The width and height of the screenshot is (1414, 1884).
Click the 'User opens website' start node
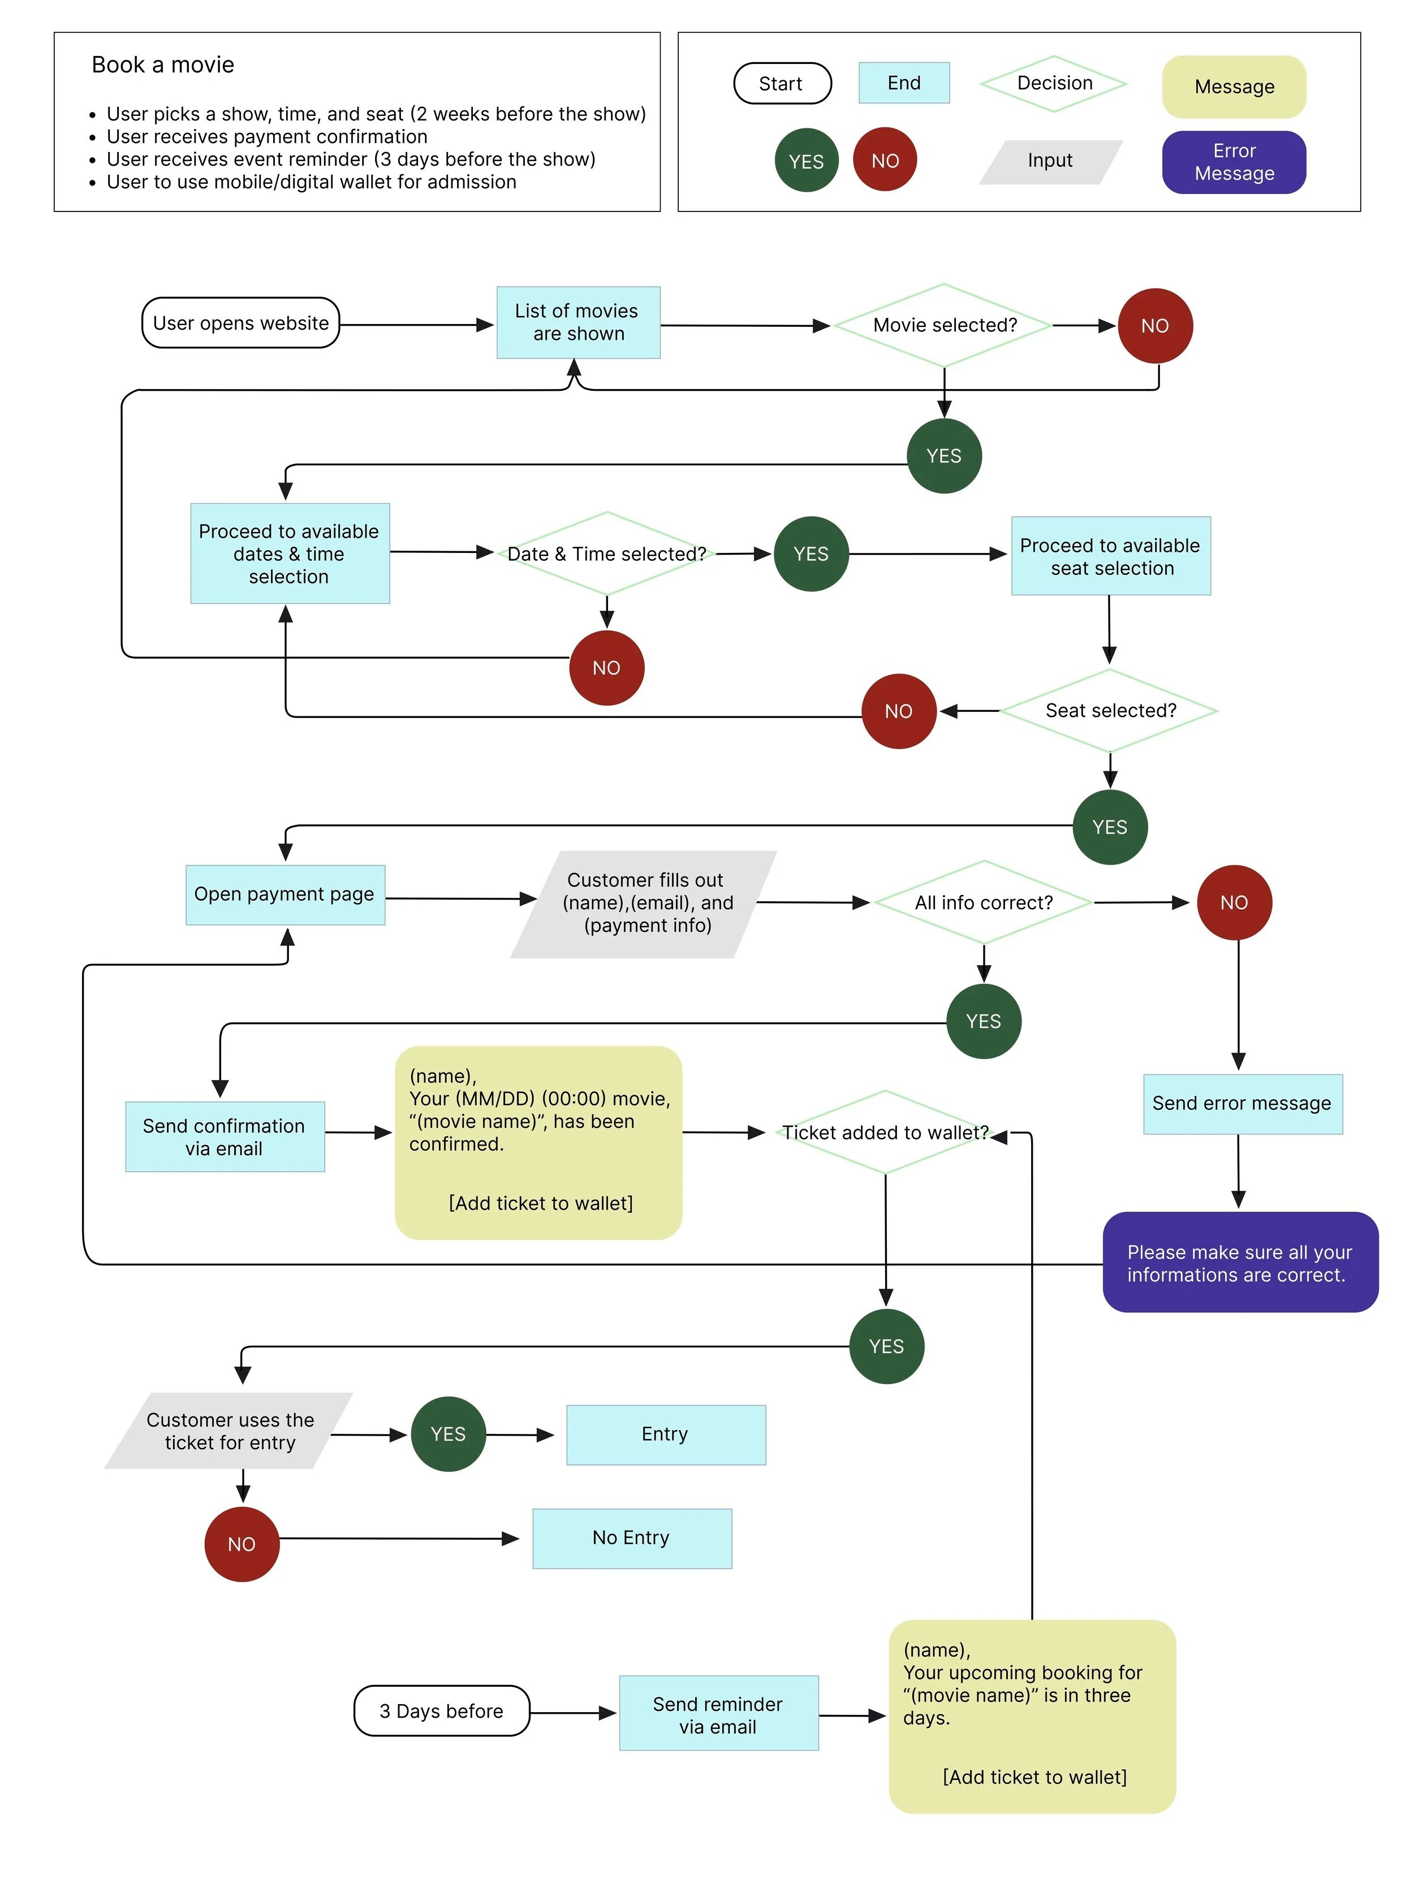tap(240, 323)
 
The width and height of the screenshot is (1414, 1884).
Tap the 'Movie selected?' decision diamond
tap(944, 325)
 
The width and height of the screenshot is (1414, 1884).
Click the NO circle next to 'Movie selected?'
tap(1154, 326)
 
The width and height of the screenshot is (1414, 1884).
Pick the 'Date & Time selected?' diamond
tap(606, 554)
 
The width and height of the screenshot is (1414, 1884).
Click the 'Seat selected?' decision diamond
tap(1109, 710)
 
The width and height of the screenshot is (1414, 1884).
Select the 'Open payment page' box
tap(284, 895)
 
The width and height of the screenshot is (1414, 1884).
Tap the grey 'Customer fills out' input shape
tap(645, 903)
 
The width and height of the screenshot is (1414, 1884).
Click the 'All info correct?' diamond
tap(983, 903)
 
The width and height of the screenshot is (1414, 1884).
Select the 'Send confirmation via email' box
tap(224, 1137)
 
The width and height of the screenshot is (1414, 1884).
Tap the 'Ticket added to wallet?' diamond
tap(885, 1133)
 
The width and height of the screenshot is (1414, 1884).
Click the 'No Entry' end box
tap(631, 1538)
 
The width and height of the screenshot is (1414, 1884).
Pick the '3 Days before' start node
tap(441, 1711)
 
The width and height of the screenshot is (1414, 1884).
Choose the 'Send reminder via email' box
tap(718, 1714)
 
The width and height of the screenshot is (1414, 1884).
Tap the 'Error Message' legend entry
tap(1234, 162)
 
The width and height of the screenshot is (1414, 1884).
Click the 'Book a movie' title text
tap(163, 64)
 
